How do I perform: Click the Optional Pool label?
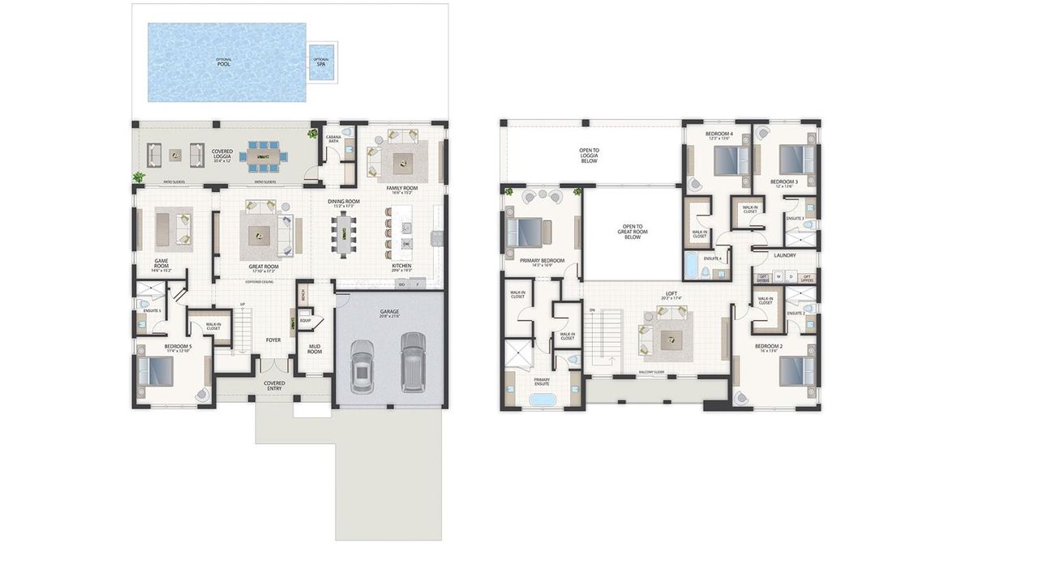[x=223, y=62]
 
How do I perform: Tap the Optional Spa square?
[x=322, y=62]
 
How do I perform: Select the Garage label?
[x=390, y=312]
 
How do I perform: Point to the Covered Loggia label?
[x=222, y=153]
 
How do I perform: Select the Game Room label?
[x=161, y=263]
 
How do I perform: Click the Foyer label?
[x=273, y=340]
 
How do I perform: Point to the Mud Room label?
[x=315, y=348]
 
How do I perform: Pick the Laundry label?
[x=785, y=255]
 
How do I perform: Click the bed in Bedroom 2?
[x=796, y=370]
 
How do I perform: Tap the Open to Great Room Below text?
[x=632, y=232]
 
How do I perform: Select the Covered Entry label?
[x=275, y=386]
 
